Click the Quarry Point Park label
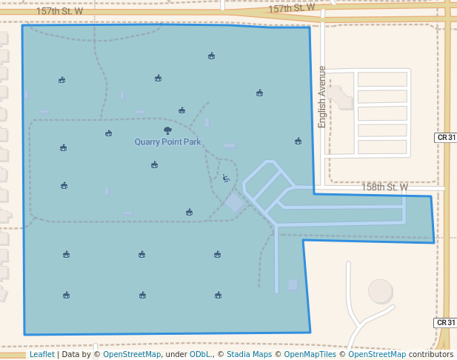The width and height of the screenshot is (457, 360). pos(167,141)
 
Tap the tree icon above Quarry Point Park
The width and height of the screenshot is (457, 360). pos(167,130)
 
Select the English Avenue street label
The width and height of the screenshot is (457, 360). pos(322,96)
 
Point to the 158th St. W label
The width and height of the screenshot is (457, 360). pos(384,187)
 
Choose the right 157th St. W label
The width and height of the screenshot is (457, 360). pos(291,9)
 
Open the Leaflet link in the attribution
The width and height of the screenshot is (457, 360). pos(41,354)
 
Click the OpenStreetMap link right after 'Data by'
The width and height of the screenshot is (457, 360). pos(132,354)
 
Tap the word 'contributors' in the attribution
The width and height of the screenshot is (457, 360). pos(431,354)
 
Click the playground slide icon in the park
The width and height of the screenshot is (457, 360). pos(226,178)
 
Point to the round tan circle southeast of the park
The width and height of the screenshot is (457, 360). pos(381,291)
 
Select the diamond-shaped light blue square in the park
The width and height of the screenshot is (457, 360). pos(235,203)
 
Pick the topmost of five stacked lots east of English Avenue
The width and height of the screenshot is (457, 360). pos(382,79)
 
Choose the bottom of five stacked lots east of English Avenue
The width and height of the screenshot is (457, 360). pos(382,147)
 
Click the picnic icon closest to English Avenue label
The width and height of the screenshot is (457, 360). pos(298,141)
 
